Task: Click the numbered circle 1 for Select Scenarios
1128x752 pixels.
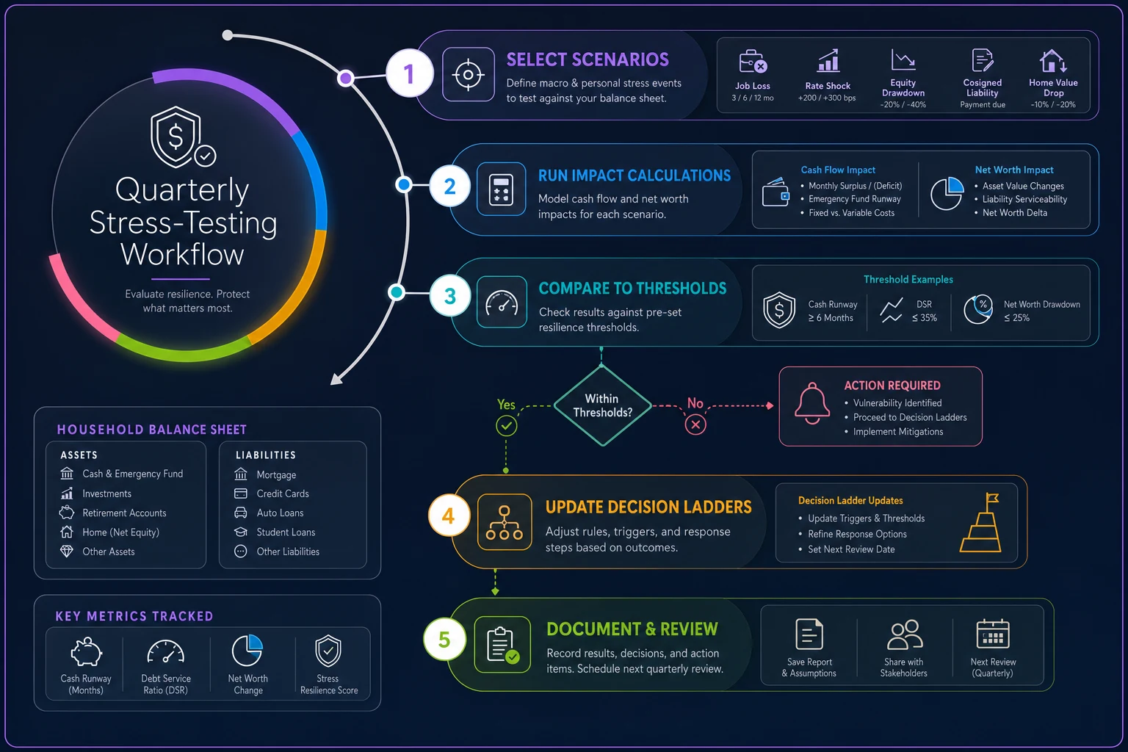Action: click(x=409, y=73)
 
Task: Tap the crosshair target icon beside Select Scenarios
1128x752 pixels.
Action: click(x=468, y=75)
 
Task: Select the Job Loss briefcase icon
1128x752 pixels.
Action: click(x=752, y=62)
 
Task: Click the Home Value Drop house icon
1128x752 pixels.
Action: click(x=1052, y=61)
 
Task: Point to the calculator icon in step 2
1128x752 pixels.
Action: click(x=501, y=189)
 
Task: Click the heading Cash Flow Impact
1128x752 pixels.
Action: click(x=838, y=170)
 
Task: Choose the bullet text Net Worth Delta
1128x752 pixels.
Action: click(x=1015, y=212)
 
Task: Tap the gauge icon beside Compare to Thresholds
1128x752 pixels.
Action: click(x=502, y=303)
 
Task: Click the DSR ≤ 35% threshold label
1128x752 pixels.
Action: click(x=924, y=311)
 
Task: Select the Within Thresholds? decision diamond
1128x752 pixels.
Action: click(x=602, y=405)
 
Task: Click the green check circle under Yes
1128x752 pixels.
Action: click(x=506, y=426)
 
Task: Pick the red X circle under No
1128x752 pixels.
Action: click(x=695, y=424)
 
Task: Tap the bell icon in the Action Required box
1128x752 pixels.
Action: click(x=811, y=403)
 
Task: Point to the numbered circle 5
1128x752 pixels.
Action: click(x=444, y=639)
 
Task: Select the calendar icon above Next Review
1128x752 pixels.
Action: click(x=993, y=634)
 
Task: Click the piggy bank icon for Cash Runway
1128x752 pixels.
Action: click(x=86, y=651)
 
